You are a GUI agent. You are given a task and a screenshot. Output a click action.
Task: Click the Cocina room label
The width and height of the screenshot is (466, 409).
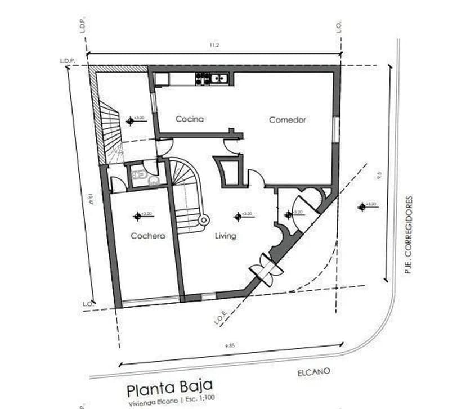point(189,119)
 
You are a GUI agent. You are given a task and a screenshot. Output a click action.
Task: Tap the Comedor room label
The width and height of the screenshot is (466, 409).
point(287,120)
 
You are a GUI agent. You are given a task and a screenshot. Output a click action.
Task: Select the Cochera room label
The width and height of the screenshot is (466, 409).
point(147,236)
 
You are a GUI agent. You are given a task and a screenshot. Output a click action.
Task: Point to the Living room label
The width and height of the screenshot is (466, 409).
point(226,236)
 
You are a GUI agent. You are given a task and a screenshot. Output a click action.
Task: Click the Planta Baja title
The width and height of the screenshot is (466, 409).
point(169,388)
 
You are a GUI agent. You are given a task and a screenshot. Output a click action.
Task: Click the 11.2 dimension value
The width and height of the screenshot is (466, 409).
point(214,46)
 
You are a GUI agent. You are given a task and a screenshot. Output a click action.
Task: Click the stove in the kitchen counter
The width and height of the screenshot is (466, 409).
point(203,79)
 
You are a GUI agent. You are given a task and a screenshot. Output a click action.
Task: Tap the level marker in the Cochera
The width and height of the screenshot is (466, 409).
point(137,215)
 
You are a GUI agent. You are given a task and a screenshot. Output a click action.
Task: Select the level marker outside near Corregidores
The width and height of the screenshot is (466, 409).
point(362,206)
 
